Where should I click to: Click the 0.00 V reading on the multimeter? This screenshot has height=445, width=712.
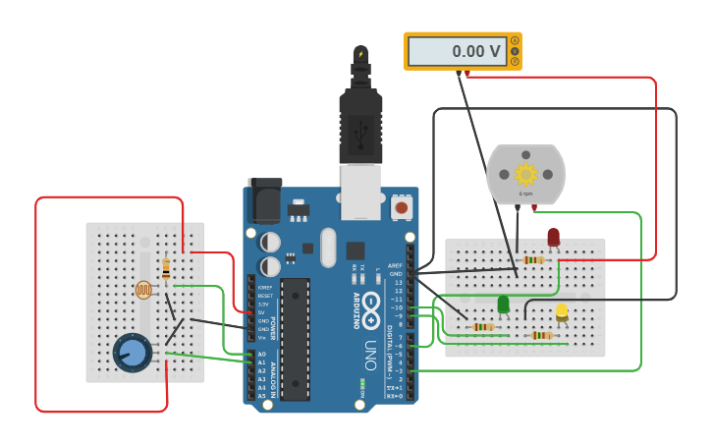point(475,51)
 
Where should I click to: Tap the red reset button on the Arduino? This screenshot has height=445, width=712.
point(401,207)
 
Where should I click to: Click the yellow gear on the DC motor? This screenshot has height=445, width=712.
point(525,175)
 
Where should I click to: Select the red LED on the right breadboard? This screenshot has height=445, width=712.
point(553,238)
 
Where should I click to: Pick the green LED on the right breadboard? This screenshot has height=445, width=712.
point(503,305)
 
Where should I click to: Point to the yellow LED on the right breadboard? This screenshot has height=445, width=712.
point(562,312)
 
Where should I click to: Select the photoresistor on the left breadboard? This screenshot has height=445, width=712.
point(143,289)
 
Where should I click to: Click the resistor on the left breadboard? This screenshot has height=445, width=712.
point(165,268)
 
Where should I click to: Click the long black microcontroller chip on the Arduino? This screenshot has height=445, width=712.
point(295,339)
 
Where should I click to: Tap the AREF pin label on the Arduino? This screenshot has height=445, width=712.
point(395,265)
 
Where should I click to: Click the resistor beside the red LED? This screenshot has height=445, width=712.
point(533,260)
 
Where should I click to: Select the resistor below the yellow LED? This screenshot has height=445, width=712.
point(541,335)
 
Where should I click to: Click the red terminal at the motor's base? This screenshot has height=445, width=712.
point(533,207)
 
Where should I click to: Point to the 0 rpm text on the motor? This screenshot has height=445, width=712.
point(525,195)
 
